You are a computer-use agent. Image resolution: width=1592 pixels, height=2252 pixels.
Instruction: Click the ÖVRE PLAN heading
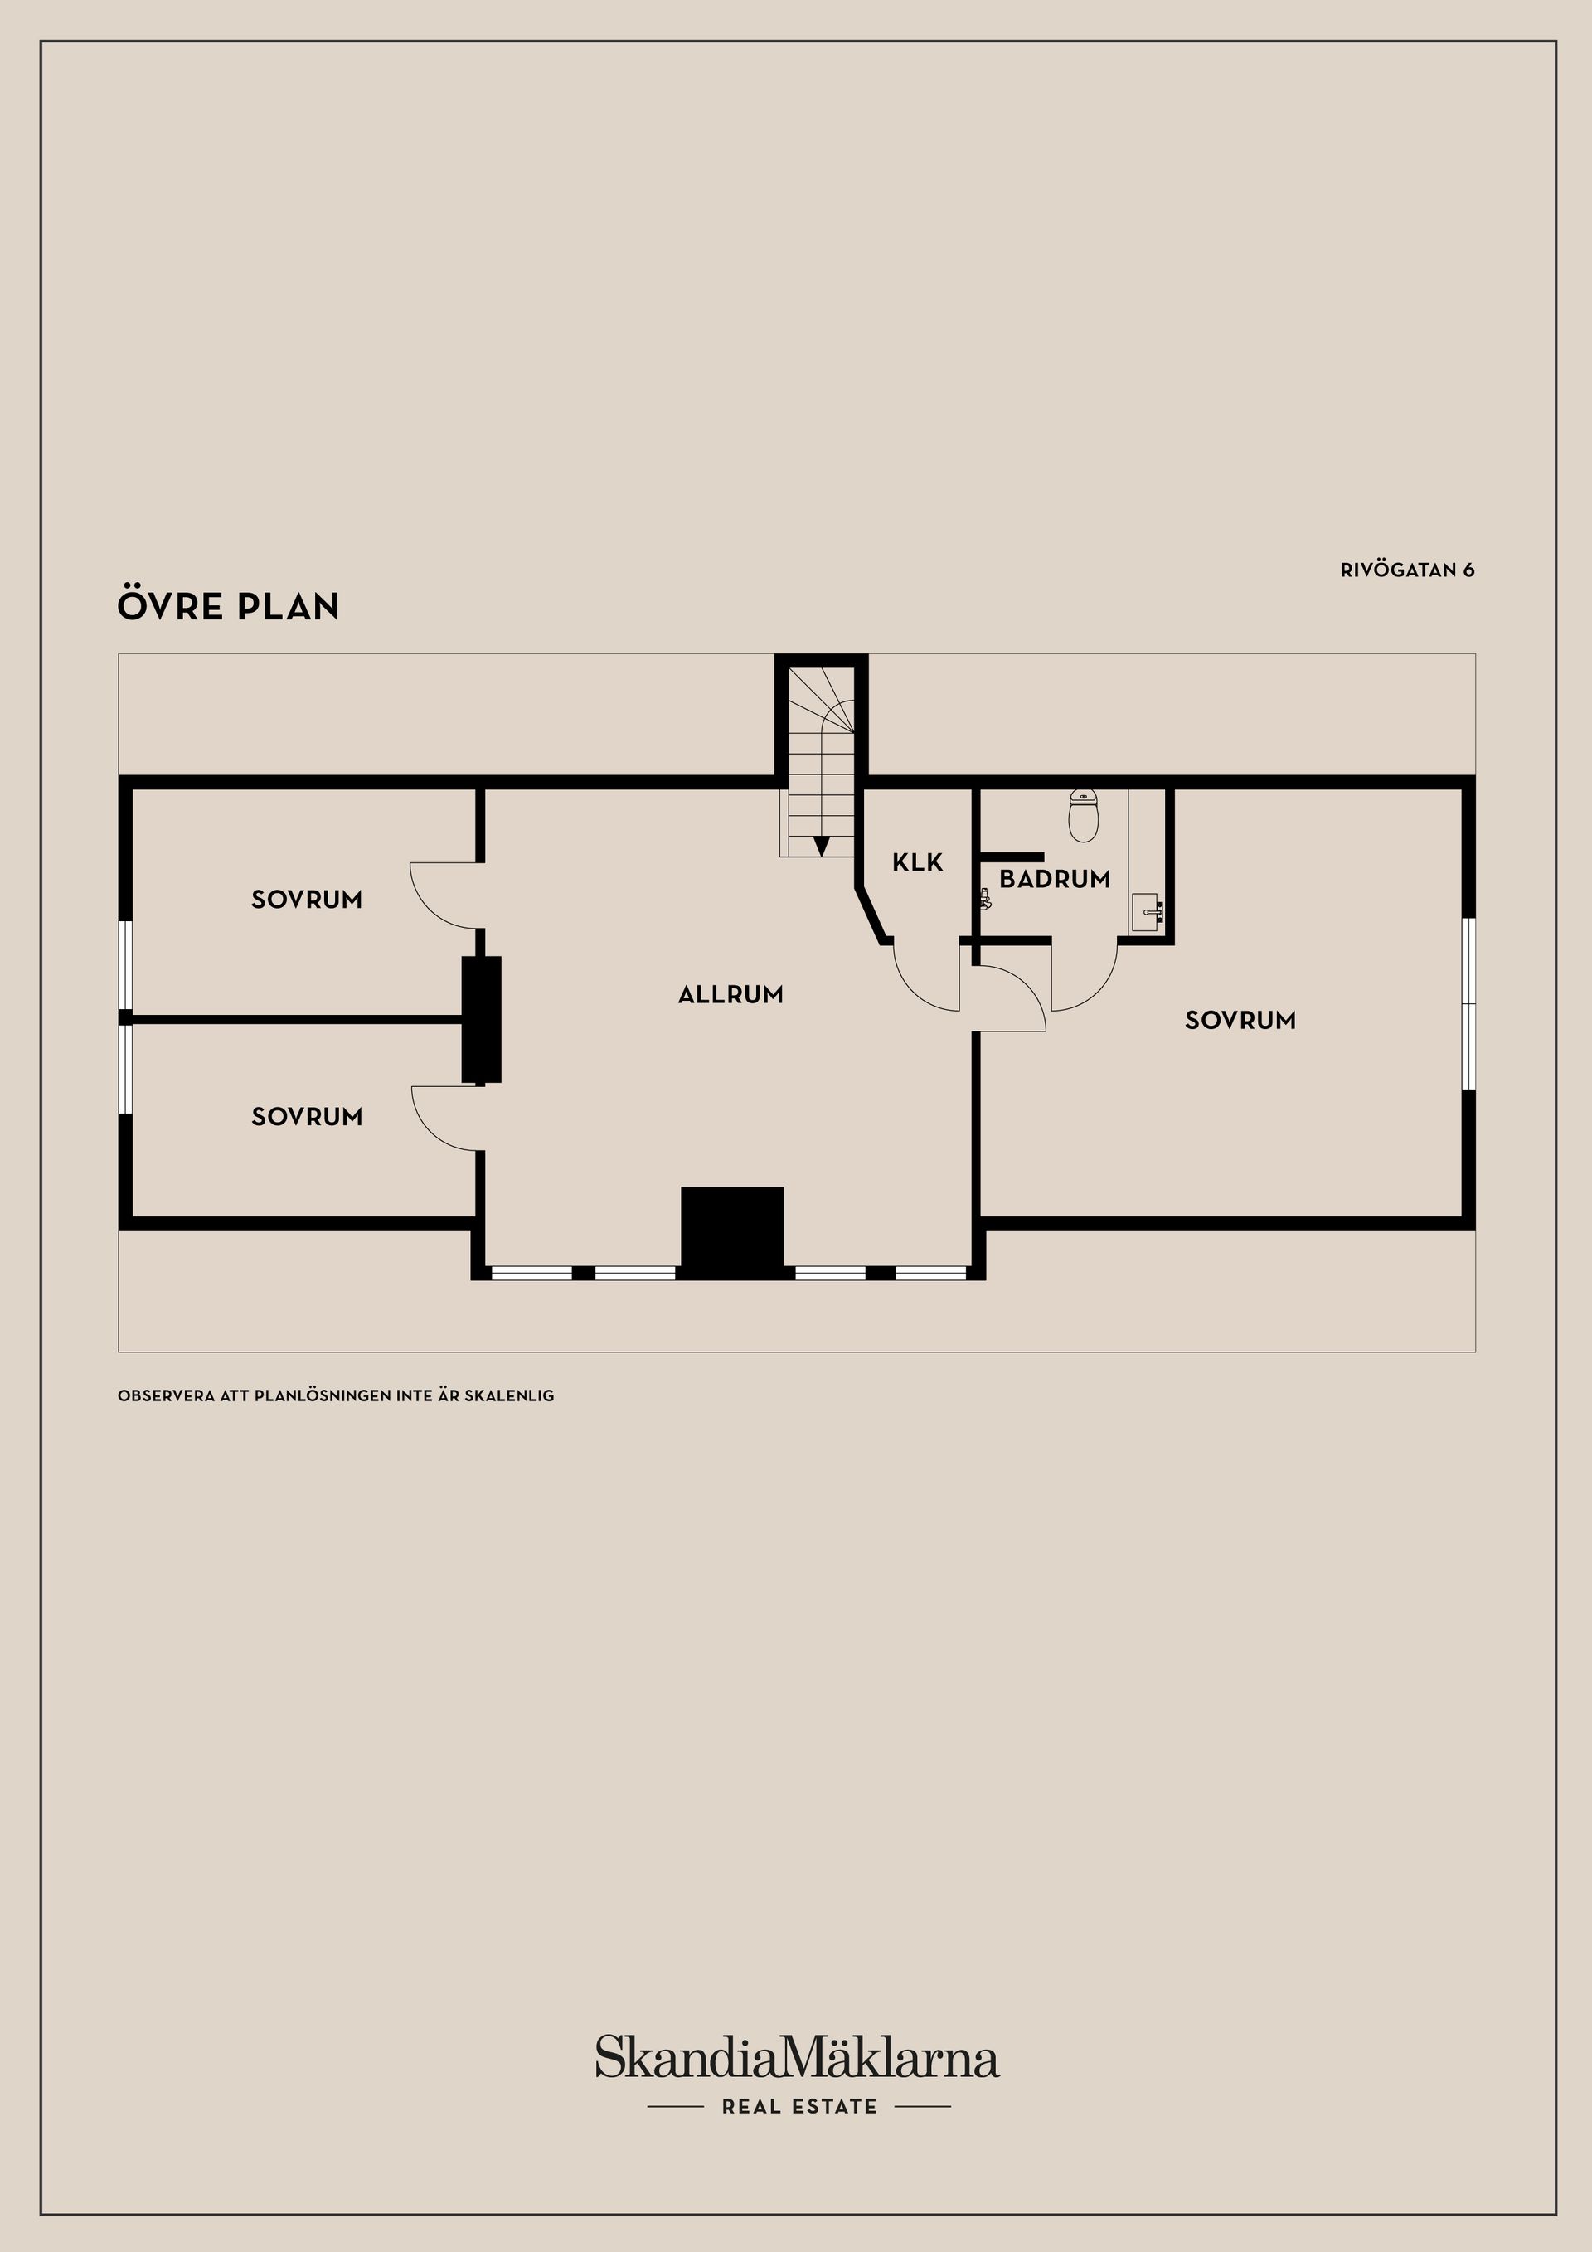point(229,605)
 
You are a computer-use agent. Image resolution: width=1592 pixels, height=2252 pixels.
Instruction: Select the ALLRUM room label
point(730,994)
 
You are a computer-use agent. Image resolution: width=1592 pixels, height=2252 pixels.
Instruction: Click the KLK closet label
point(917,862)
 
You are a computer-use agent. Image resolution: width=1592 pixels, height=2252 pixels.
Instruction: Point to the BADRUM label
point(1055,879)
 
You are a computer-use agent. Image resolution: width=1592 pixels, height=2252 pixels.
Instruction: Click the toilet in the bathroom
point(1083,816)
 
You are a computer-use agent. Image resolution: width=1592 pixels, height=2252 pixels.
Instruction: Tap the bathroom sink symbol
point(1146,911)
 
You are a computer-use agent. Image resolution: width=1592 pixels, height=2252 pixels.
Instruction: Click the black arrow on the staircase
point(822,844)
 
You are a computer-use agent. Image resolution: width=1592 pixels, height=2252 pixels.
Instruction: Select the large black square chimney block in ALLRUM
point(733,1232)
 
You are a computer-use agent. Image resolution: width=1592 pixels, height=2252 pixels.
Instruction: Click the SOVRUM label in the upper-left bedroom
point(307,900)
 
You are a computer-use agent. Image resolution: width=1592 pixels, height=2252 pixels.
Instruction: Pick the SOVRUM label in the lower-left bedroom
point(307,1116)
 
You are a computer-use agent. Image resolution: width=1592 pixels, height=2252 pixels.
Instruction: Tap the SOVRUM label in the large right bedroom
point(1240,1020)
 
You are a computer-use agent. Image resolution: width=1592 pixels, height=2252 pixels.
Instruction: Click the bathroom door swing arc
point(1100,993)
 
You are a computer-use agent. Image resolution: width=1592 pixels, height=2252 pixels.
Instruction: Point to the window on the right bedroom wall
point(1468,1003)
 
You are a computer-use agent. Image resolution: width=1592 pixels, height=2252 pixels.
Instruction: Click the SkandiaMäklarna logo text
point(797,2057)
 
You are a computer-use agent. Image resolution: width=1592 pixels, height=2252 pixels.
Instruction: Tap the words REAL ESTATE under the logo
point(799,2106)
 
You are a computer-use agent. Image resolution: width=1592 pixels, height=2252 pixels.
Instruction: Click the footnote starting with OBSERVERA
point(336,1395)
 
